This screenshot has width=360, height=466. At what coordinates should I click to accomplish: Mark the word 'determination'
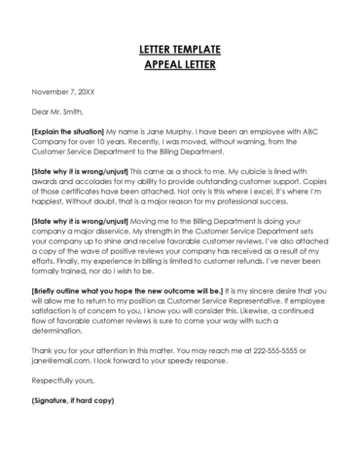point(62,355)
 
